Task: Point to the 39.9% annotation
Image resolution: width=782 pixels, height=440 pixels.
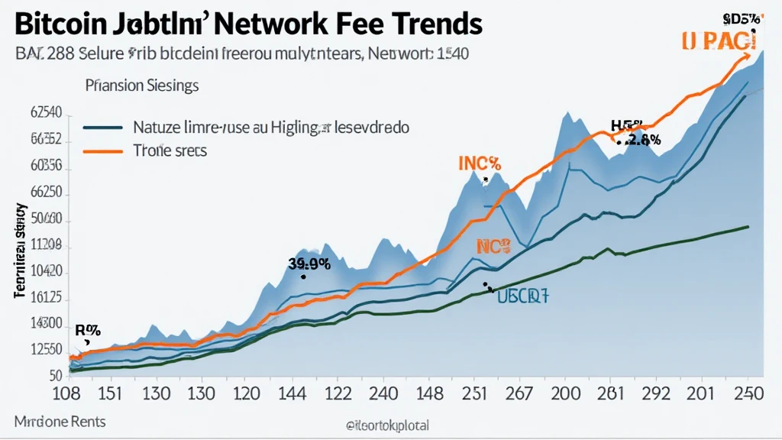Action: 309,264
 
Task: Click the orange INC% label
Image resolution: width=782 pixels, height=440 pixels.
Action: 479,164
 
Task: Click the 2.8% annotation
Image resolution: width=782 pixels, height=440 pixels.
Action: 641,139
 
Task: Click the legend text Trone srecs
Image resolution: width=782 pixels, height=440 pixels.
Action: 169,151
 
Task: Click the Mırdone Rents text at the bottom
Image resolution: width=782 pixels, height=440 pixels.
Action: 60,422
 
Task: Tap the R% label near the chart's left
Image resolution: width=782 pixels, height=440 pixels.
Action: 89,330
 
